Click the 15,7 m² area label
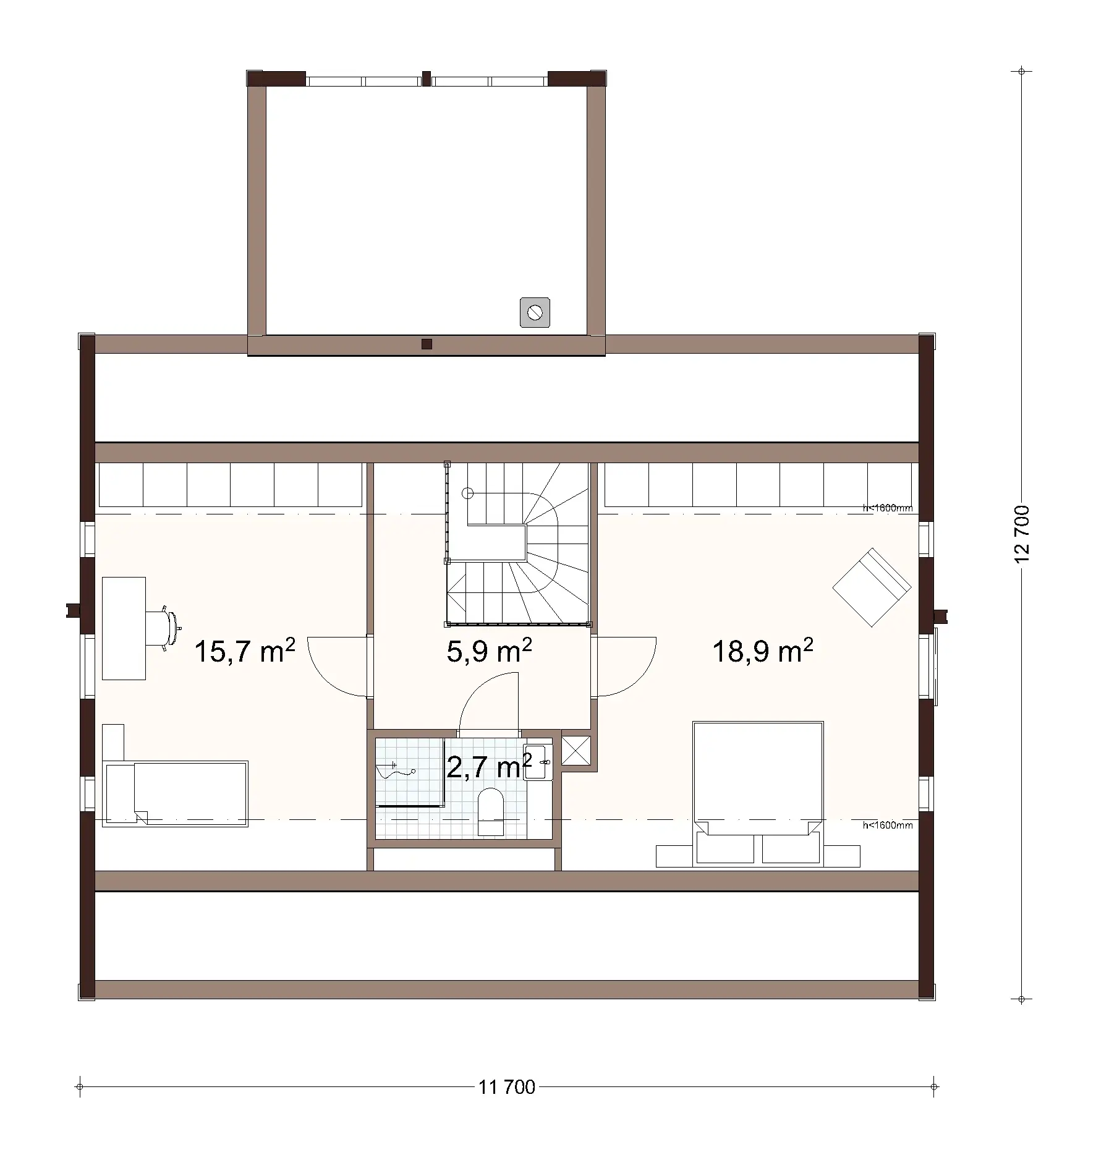244,652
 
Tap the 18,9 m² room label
762,652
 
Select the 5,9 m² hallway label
488,652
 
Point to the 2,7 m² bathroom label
488,767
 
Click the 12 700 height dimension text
1022,534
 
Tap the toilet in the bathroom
491,812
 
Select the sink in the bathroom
538,763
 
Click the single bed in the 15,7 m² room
177,793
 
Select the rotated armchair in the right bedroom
872,587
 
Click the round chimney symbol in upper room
535,312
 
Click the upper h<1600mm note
887,508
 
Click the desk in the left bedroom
124,628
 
